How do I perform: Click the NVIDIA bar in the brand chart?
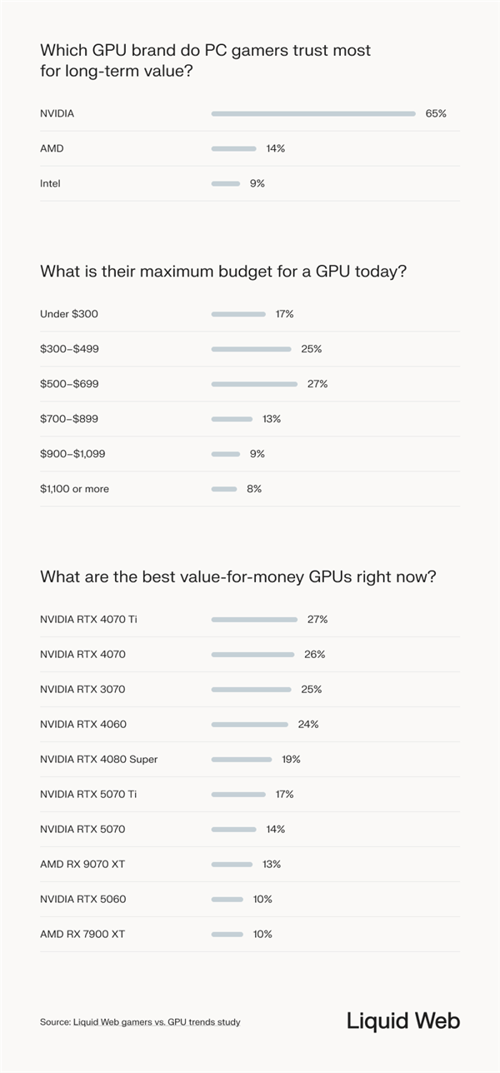pyautogui.click(x=313, y=113)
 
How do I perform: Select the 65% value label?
pyautogui.click(x=436, y=113)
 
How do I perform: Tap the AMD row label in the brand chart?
pyautogui.click(x=52, y=148)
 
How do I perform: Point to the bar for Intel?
pyautogui.click(x=225, y=183)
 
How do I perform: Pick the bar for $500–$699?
pyautogui.click(x=254, y=384)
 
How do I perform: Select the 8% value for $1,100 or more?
pyautogui.click(x=254, y=489)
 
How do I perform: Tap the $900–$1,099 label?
pyautogui.click(x=72, y=454)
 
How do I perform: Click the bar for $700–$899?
pyautogui.click(x=232, y=419)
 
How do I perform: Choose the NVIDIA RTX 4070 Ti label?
pyautogui.click(x=87, y=620)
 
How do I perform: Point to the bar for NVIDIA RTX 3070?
pyautogui.click(x=251, y=690)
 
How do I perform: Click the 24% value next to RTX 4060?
pyautogui.click(x=307, y=725)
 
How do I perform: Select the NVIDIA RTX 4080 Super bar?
pyautogui.click(x=241, y=760)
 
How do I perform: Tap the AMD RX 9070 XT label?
pyautogui.click(x=82, y=865)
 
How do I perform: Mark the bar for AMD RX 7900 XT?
pyautogui.click(x=227, y=935)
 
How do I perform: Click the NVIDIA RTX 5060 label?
pyautogui.click(x=82, y=900)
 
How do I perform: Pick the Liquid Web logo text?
pyautogui.click(x=403, y=1021)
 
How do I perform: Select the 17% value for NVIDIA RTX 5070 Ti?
pyautogui.click(x=284, y=795)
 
